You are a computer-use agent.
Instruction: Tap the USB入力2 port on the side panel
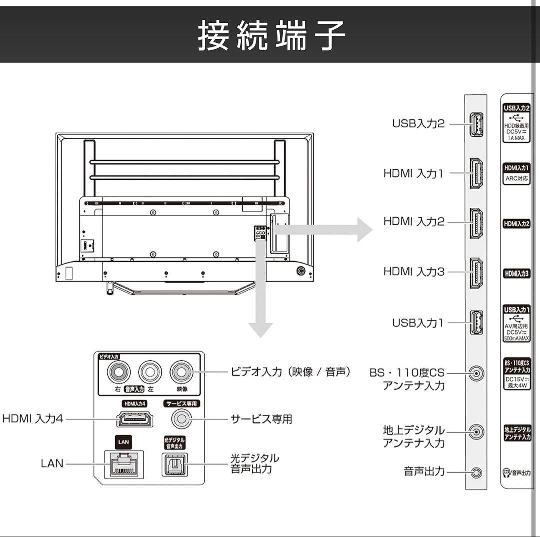[475, 124]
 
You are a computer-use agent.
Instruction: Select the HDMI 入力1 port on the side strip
[475, 173]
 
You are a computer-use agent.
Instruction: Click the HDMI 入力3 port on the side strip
[475, 272]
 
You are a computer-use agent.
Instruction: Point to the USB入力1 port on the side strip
[475, 323]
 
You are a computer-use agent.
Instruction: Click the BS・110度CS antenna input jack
[477, 373]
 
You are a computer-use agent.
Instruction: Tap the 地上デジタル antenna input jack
[477, 431]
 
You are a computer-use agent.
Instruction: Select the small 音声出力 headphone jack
[477, 472]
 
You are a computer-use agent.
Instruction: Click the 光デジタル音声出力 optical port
[174, 463]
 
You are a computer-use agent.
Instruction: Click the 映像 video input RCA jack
[182, 372]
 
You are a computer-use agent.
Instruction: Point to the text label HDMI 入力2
[413, 222]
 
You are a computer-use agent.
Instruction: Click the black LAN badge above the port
[124, 442]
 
